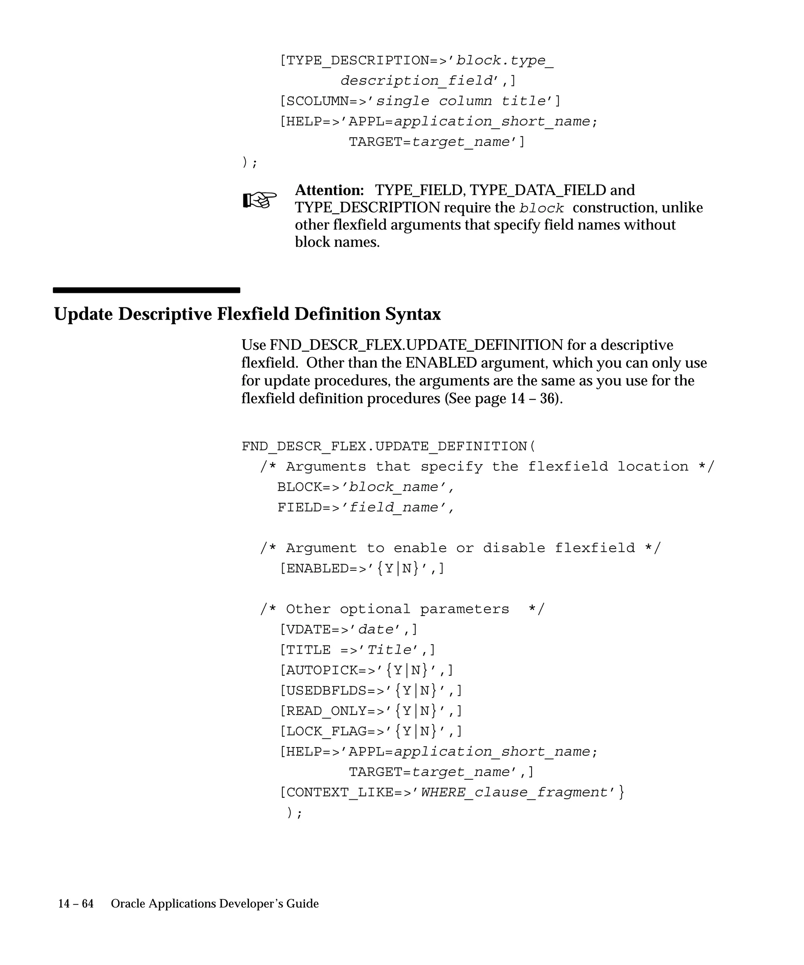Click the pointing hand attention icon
pyautogui.click(x=259, y=200)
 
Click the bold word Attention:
pyautogui.click(x=329, y=190)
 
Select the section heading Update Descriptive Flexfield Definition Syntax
pyautogui.click(x=247, y=314)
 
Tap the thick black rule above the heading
pyautogui.click(x=146, y=290)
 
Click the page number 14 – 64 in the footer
pyautogui.click(x=76, y=903)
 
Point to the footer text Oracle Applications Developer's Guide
pyautogui.click(x=215, y=903)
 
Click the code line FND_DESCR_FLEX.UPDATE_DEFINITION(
pyautogui.click(x=389, y=446)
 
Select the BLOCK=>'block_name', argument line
pyautogui.click(x=366, y=487)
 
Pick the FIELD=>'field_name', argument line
pyautogui.click(x=366, y=507)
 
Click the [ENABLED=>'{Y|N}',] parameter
pyautogui.click(x=362, y=568)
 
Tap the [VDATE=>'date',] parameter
pyautogui.click(x=348, y=630)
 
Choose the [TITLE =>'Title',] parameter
pyautogui.click(x=357, y=650)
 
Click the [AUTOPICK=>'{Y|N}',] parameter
pyautogui.click(x=366, y=670)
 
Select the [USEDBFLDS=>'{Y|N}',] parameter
pyautogui.click(x=371, y=690)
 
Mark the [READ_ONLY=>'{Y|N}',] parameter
pyautogui.click(x=371, y=711)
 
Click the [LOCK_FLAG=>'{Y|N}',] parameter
pyautogui.click(x=371, y=731)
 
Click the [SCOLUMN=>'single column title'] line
pyautogui.click(x=420, y=101)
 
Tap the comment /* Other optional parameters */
pyautogui.click(x=402, y=609)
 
